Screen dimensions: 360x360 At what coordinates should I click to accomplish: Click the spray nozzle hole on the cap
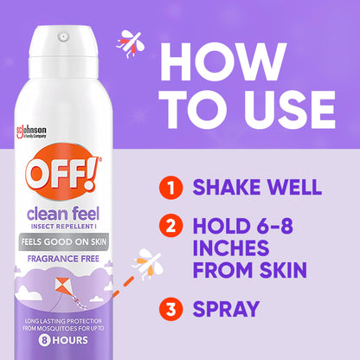pyautogui.click(x=63, y=38)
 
